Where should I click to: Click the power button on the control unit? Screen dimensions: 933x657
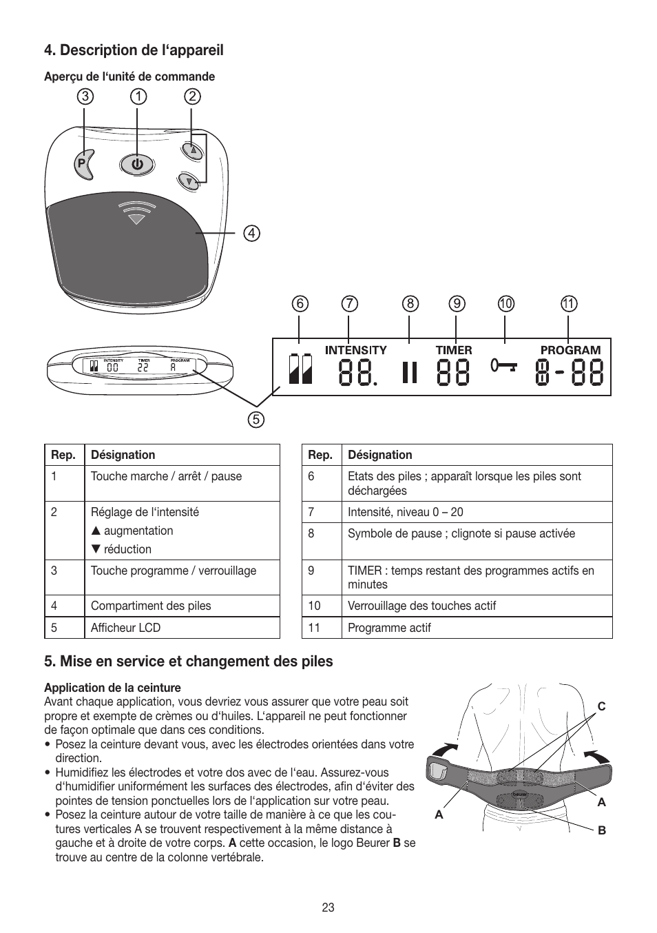(137, 165)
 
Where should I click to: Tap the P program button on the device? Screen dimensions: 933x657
(83, 164)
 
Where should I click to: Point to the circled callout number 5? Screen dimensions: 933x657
(256, 419)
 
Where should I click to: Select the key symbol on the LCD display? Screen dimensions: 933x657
(504, 365)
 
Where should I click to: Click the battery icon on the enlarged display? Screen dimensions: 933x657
(300, 369)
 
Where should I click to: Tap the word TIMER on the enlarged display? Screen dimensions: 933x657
(454, 350)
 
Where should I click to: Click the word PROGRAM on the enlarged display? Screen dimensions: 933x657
(570, 350)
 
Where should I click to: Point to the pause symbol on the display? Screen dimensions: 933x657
(410, 373)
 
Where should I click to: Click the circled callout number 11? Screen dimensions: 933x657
(569, 304)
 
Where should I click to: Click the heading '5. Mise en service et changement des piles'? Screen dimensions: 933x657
(189, 662)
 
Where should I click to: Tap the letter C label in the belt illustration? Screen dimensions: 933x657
(601, 706)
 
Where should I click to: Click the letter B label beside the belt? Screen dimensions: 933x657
(601, 830)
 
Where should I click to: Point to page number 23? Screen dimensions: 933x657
(328, 908)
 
